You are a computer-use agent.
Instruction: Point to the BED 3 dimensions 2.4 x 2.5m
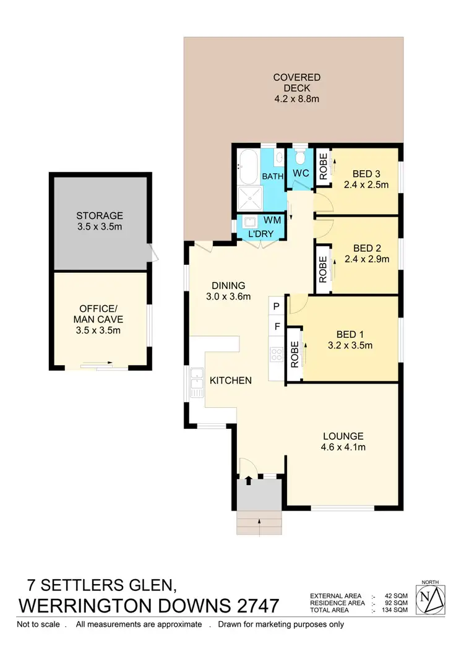coord(366,184)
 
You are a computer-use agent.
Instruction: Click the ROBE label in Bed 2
coord(322,269)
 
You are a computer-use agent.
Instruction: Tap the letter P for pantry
coord(276,306)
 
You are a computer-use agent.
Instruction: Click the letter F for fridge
coord(276,326)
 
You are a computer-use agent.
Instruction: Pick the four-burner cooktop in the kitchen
coord(276,354)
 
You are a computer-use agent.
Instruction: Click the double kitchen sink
coord(197,382)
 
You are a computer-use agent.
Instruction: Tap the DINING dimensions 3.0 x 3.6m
coord(228,296)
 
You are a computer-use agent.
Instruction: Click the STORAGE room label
coord(100,216)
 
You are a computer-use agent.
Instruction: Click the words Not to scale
coord(38,624)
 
